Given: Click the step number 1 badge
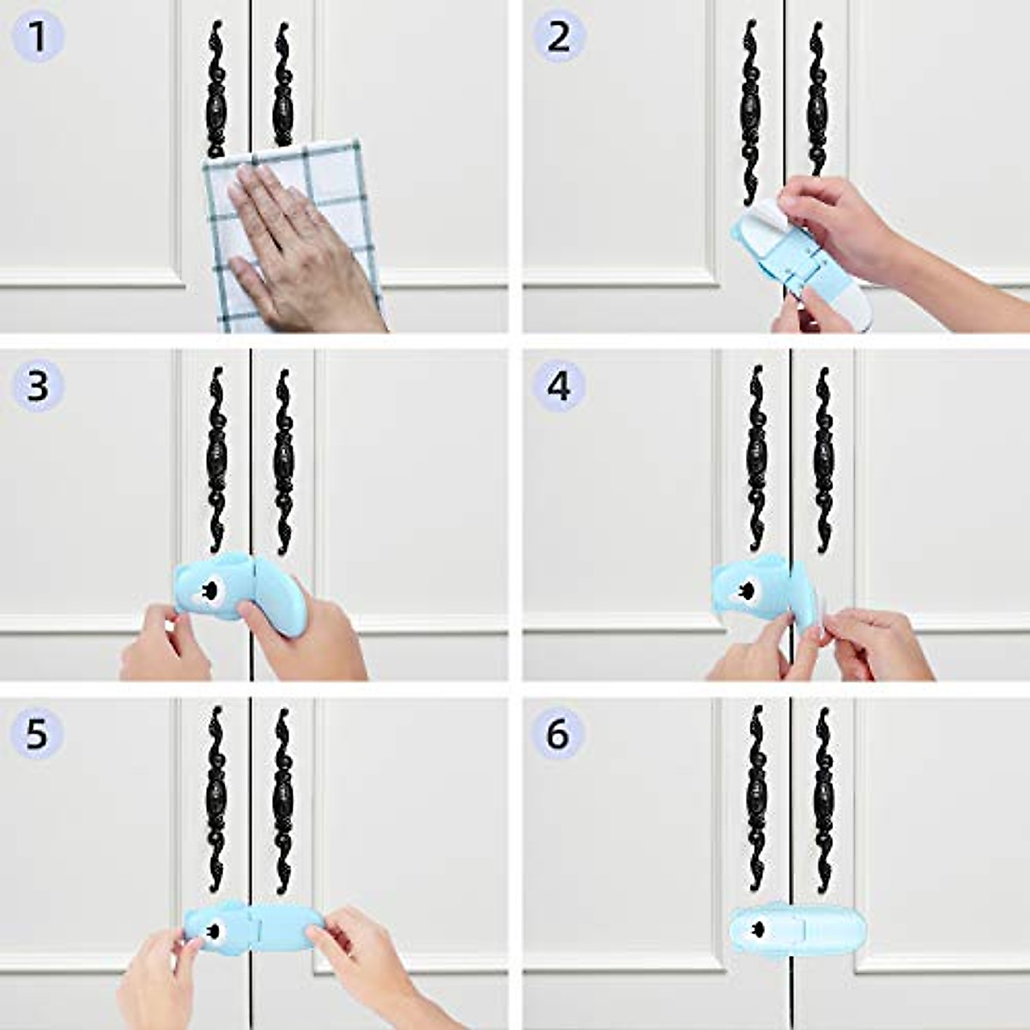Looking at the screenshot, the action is [x=37, y=38].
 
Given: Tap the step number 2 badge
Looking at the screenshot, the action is [x=558, y=38].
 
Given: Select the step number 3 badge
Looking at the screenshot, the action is [x=37, y=386].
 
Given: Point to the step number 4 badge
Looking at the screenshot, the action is [x=558, y=386].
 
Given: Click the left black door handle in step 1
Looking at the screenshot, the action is [x=216, y=88].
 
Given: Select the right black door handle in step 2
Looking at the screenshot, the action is [x=817, y=99].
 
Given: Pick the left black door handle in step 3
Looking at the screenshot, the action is [x=217, y=460].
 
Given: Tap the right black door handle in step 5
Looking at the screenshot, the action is [x=282, y=801].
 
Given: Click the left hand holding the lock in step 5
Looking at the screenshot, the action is [x=161, y=978].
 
